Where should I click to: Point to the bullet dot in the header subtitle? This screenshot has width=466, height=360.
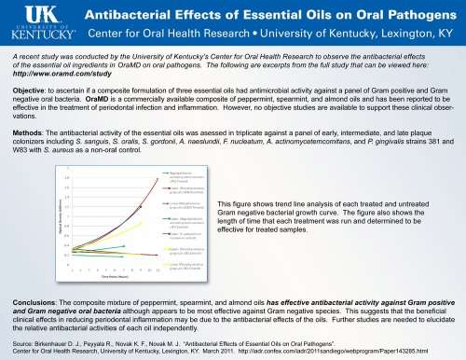click(x=266, y=35)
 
